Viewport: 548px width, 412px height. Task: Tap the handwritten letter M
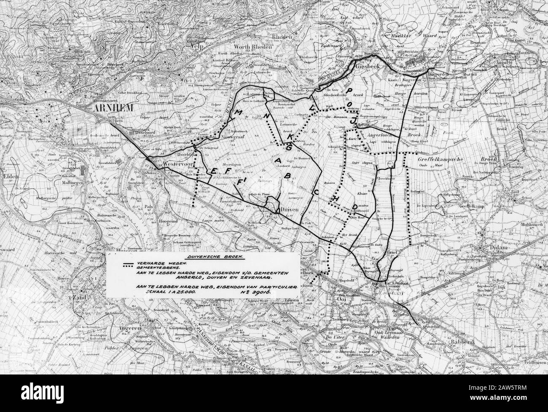tap(239, 113)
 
